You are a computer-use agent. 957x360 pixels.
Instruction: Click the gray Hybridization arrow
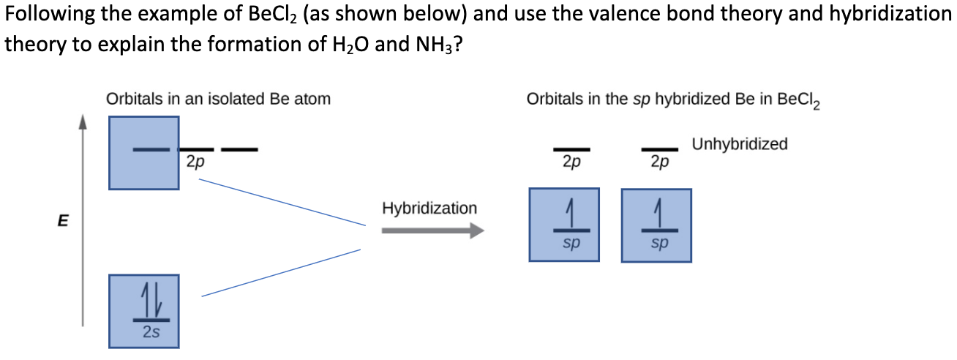(432, 230)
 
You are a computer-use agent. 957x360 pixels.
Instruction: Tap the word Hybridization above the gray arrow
(429, 209)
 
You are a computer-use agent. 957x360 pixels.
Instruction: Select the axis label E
(64, 220)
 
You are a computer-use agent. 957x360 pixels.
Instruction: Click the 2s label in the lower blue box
(151, 332)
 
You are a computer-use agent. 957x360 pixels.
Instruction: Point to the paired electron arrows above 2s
(151, 301)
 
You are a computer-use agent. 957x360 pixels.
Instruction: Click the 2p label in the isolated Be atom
(195, 162)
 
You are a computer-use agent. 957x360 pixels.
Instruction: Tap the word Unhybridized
(739, 144)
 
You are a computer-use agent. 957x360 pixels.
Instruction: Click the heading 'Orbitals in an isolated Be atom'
(218, 98)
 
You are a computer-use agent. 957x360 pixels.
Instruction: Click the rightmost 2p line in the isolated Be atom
(239, 150)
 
